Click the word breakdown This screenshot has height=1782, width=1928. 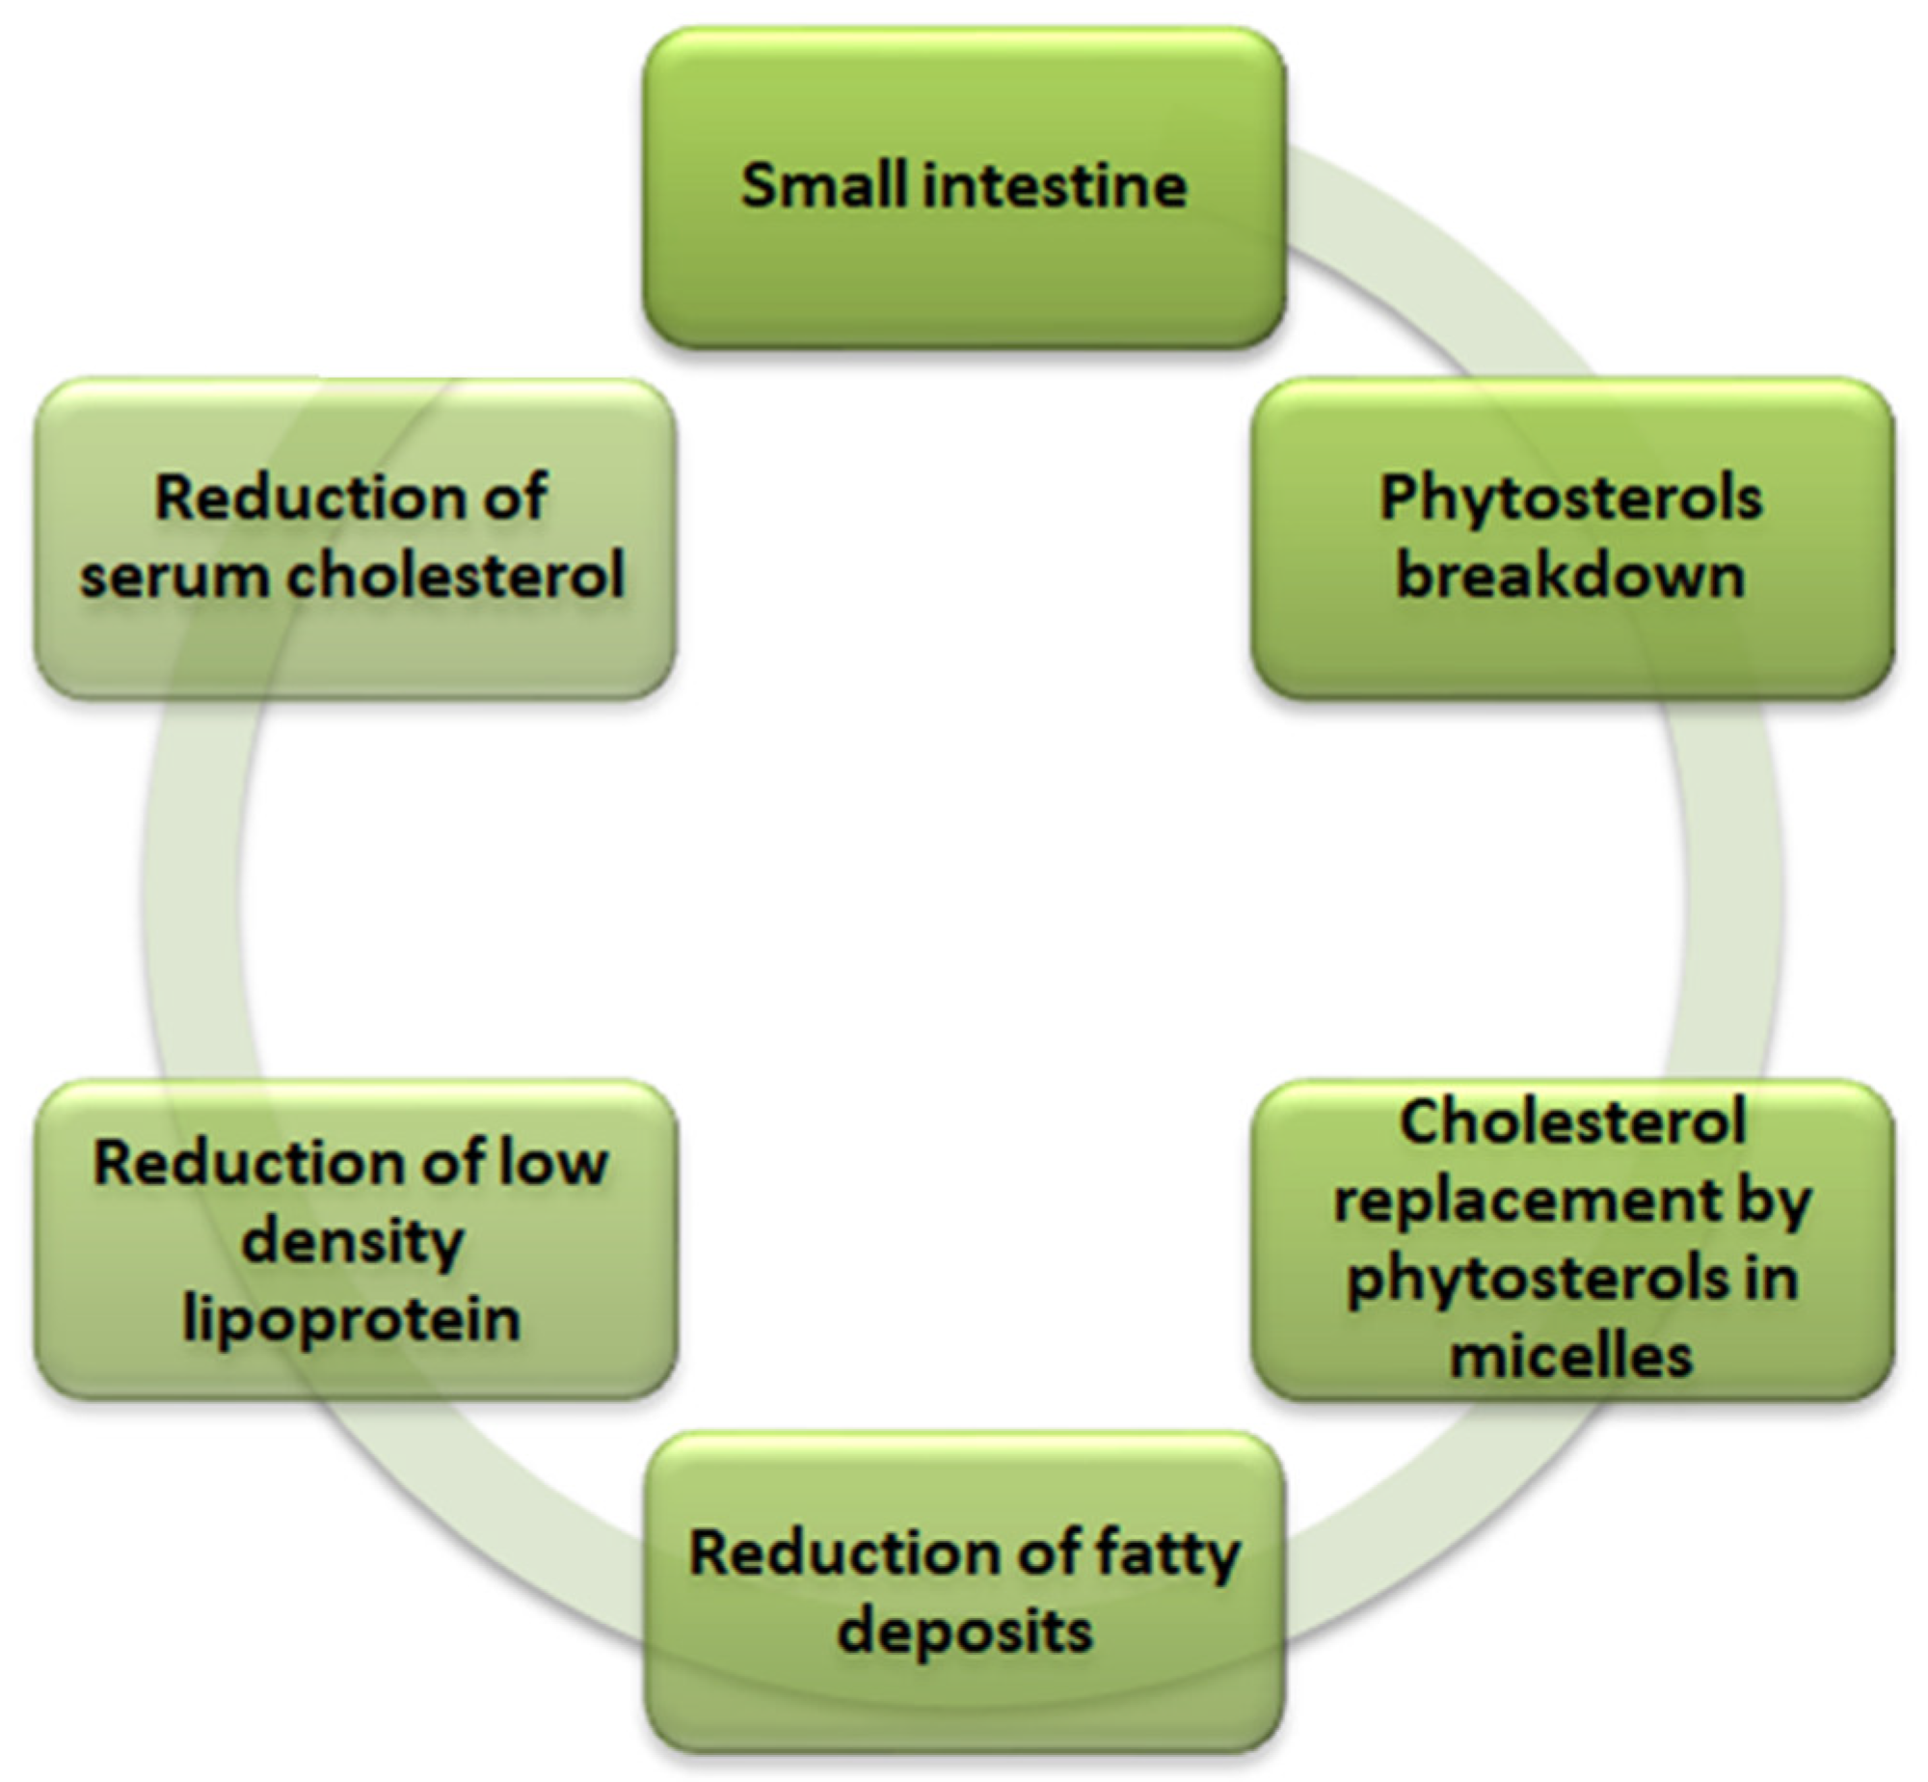[1570, 577]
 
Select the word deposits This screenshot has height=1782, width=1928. [965, 1632]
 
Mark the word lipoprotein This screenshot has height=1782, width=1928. [352, 1319]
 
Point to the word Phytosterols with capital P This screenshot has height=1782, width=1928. [1570, 499]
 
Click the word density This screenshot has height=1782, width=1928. [353, 1242]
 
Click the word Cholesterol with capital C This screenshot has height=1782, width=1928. [1572, 1124]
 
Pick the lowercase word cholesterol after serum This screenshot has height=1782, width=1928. [456, 577]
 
